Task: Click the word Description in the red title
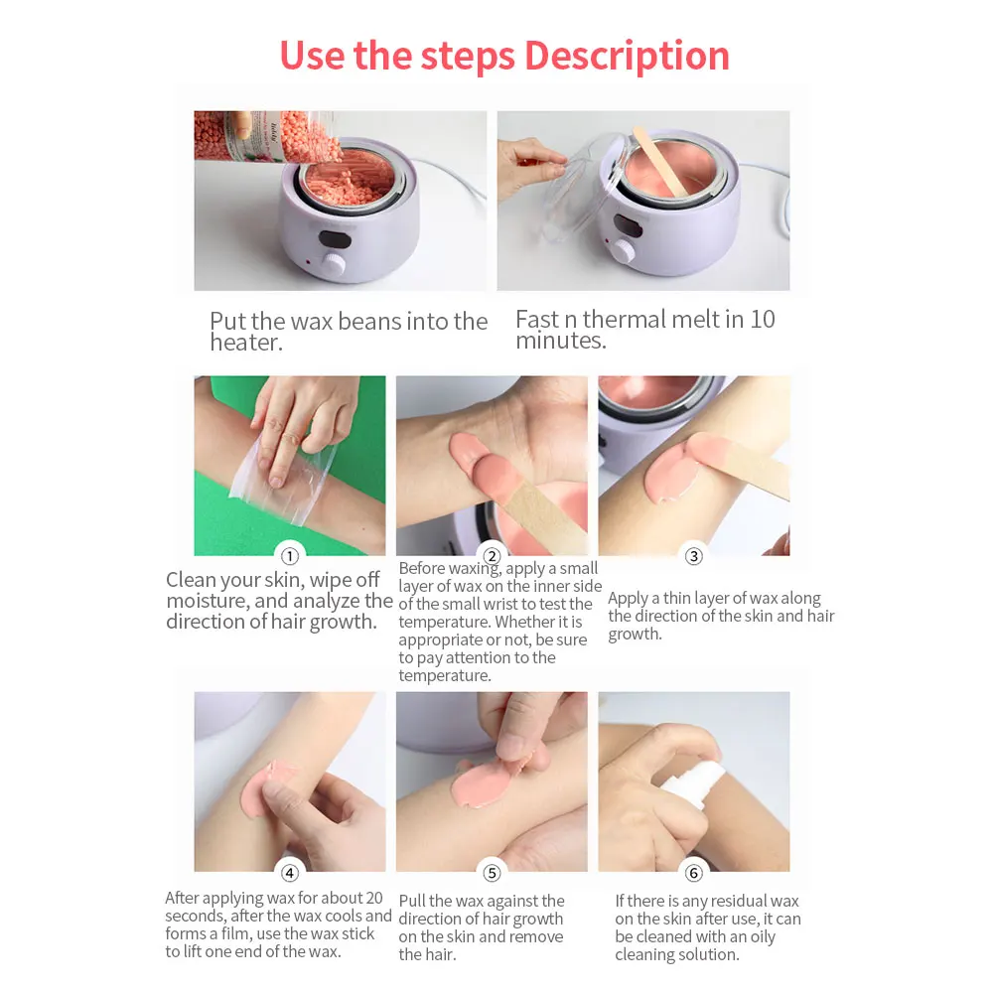click(x=627, y=55)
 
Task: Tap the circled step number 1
click(x=290, y=556)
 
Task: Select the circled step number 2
click(x=492, y=556)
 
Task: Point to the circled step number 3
click(x=694, y=556)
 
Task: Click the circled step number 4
click(x=290, y=873)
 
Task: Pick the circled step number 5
click(x=492, y=873)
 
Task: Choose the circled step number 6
click(x=694, y=873)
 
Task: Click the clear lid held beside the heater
click(x=579, y=189)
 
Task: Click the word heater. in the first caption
click(x=246, y=344)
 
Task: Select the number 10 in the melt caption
click(x=763, y=320)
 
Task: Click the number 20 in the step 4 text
click(x=367, y=898)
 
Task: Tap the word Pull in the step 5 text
click(x=414, y=901)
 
